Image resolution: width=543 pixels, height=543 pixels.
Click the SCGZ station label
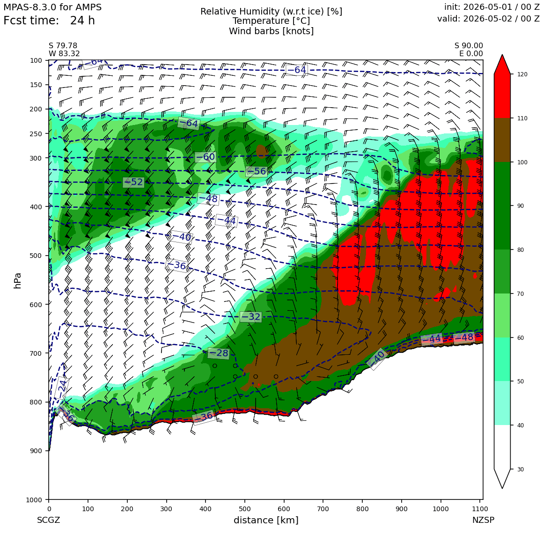coord(49,520)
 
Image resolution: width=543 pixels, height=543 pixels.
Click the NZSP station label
coord(483,520)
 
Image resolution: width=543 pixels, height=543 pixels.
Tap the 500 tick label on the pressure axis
coord(36,256)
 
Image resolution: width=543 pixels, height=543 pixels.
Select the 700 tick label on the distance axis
coord(323,509)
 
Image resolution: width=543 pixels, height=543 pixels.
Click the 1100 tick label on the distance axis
coord(480,509)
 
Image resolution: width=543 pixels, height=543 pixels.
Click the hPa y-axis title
coord(18,280)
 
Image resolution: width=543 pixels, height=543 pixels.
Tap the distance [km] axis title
coord(266,520)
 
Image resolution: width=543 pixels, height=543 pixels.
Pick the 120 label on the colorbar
coord(522,74)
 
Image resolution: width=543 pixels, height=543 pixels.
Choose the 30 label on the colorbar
coord(521,470)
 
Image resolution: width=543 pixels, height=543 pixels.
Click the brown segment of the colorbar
coord(502,140)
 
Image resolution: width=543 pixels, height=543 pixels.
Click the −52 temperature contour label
coord(133,182)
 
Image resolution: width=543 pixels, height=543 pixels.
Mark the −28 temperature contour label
coord(219,353)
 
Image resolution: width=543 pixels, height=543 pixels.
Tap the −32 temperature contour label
coord(250,316)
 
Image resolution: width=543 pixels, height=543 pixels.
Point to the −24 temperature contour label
coord(62,389)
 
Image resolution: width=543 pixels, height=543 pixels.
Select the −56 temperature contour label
coord(256,171)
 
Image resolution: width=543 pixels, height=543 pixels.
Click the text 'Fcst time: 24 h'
coord(49,21)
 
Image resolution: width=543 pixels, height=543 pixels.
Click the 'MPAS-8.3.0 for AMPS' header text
coord(52,7)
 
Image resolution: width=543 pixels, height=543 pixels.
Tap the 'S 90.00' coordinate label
coord(469,46)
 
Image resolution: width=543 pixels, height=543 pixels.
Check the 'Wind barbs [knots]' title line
coord(271,31)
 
